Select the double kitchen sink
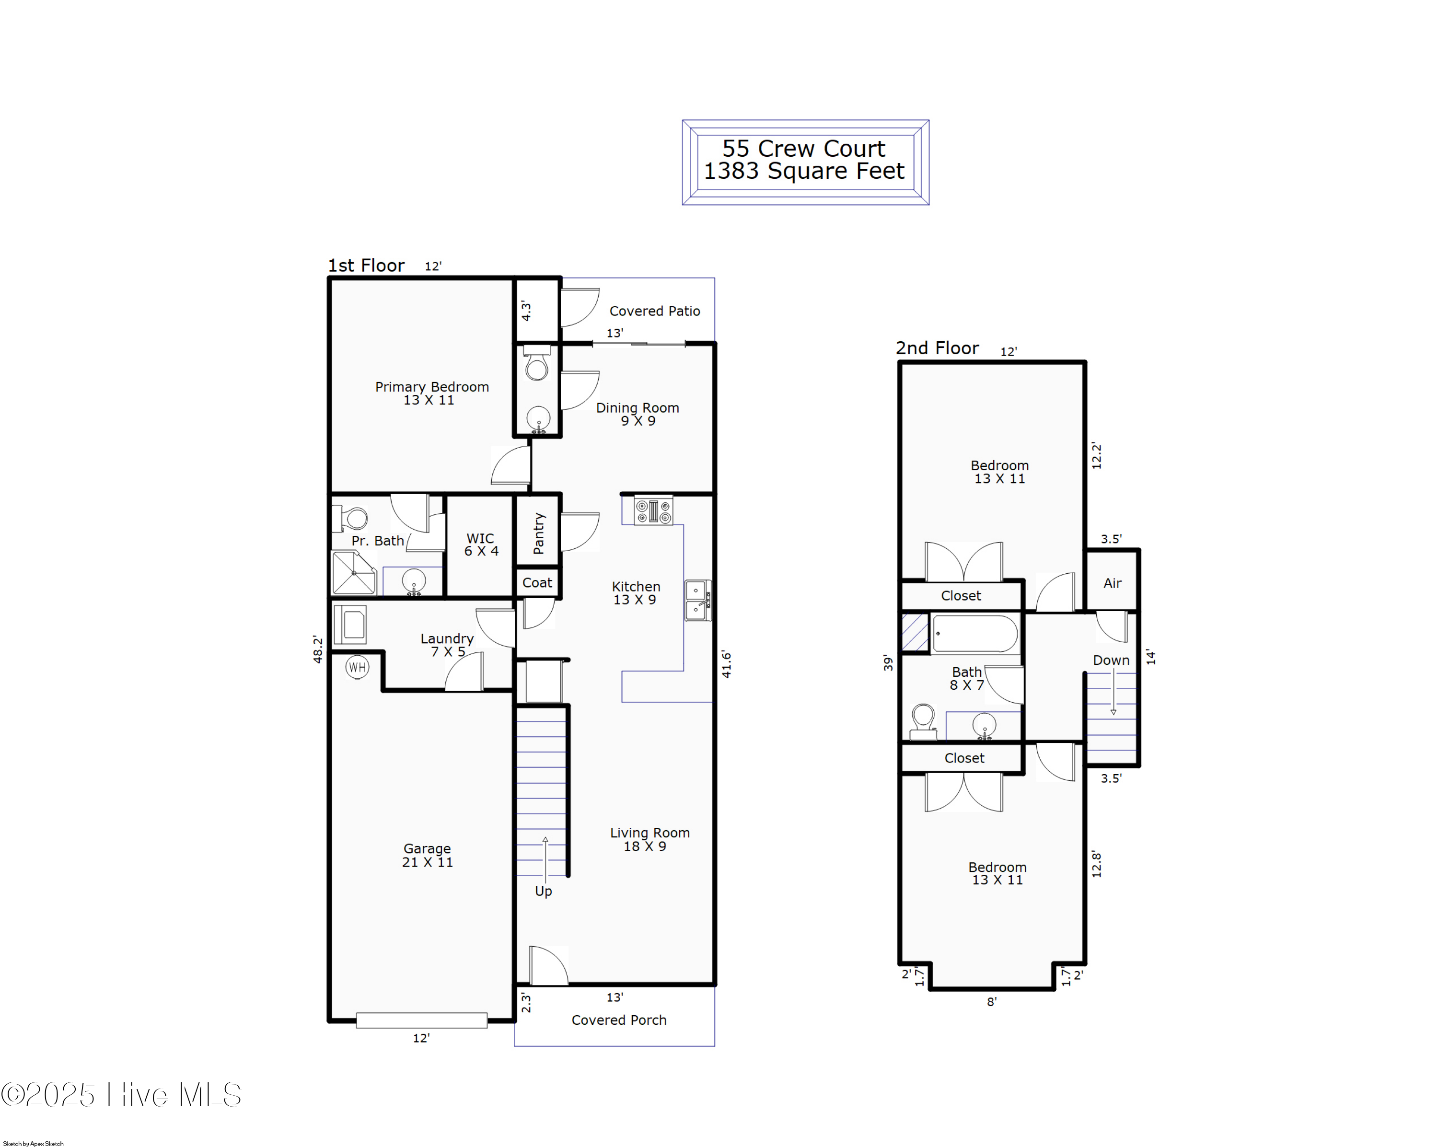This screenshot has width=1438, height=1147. pos(697,600)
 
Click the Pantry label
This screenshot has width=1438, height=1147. pos(539,533)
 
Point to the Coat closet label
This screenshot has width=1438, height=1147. pos(537,583)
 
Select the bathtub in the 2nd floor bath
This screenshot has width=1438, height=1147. pos(975,634)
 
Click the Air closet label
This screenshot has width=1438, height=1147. pos(1113,583)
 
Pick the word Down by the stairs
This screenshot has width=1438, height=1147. pos(1111,660)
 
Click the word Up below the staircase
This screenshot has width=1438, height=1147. pos(544,892)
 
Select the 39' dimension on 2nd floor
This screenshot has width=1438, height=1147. pos(888,662)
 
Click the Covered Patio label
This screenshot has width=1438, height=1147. pos(655,312)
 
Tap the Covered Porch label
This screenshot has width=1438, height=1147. pos(619,1020)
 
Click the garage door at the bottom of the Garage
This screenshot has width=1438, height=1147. pos(421,1020)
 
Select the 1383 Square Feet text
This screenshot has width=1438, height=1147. pos(804,172)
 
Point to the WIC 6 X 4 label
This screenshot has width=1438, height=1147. pos(481,545)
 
